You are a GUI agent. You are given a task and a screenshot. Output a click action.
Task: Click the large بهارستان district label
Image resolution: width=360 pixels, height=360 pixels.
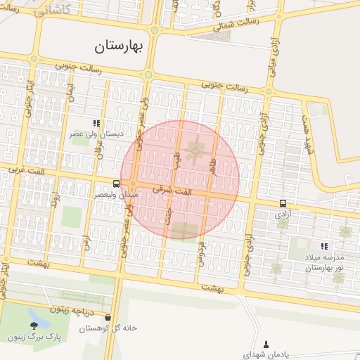pyautogui.click(x=118, y=47)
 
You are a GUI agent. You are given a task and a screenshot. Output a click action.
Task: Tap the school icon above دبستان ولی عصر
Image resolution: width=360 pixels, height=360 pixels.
pyautogui.click(x=96, y=123)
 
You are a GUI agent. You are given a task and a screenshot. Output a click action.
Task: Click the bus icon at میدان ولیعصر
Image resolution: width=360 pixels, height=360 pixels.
pyautogui.click(x=116, y=184)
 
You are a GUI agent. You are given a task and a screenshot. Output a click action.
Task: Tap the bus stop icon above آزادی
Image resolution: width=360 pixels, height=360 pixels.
pyautogui.click(x=282, y=202)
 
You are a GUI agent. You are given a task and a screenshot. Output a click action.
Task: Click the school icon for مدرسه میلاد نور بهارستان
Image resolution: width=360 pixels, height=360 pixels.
pyautogui.click(x=324, y=246)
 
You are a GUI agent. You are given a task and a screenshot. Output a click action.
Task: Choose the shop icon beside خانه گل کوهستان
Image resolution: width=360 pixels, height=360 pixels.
pyautogui.click(x=108, y=317)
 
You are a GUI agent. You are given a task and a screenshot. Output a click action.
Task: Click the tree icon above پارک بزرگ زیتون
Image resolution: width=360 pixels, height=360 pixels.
pyautogui.click(x=34, y=325)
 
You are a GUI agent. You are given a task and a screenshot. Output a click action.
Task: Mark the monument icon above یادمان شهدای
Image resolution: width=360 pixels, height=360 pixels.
pyautogui.click(x=266, y=345)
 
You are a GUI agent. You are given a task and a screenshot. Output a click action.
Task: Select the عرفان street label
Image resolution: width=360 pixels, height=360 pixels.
pyautogui.click(x=99, y=149)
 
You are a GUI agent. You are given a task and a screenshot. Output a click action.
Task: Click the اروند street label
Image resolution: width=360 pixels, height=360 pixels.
pyautogui.click(x=53, y=198)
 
